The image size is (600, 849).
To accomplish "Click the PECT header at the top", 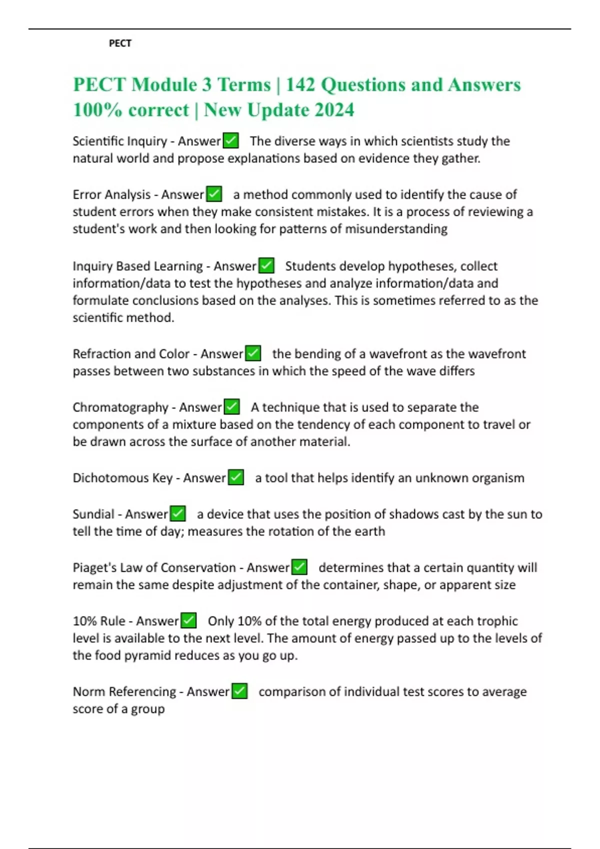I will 120,43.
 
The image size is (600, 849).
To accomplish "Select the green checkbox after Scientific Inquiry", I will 230,141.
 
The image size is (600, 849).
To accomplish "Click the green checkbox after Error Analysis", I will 214,194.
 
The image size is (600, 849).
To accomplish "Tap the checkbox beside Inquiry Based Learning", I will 266,266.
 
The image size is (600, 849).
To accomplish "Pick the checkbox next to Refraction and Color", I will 253,354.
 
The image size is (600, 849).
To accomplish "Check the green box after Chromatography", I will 231,407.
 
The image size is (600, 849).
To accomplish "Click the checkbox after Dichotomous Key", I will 236,478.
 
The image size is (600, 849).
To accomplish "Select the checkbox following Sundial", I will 177,514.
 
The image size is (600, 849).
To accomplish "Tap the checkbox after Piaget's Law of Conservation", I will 299,567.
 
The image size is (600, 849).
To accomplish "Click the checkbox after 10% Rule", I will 188,621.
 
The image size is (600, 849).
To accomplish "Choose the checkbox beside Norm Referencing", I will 239,692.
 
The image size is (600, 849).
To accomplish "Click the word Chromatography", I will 120,408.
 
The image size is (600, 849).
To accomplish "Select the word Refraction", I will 101,354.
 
